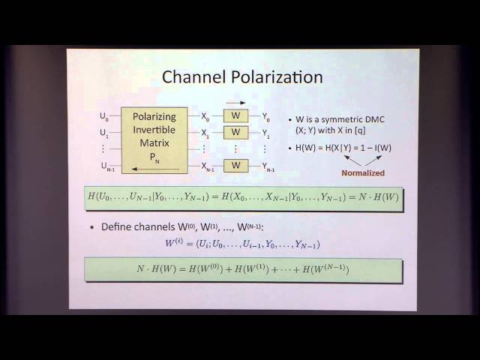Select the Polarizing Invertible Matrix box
[x=153, y=139]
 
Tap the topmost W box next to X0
[x=235, y=116]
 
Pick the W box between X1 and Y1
[x=235, y=132]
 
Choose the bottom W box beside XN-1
[x=235, y=165]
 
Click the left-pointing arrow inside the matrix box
[x=153, y=168]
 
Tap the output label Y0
[x=265, y=117]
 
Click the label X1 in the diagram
[x=205, y=133]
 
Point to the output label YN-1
[x=268, y=166]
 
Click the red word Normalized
[x=363, y=173]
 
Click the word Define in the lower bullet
[x=116, y=227]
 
